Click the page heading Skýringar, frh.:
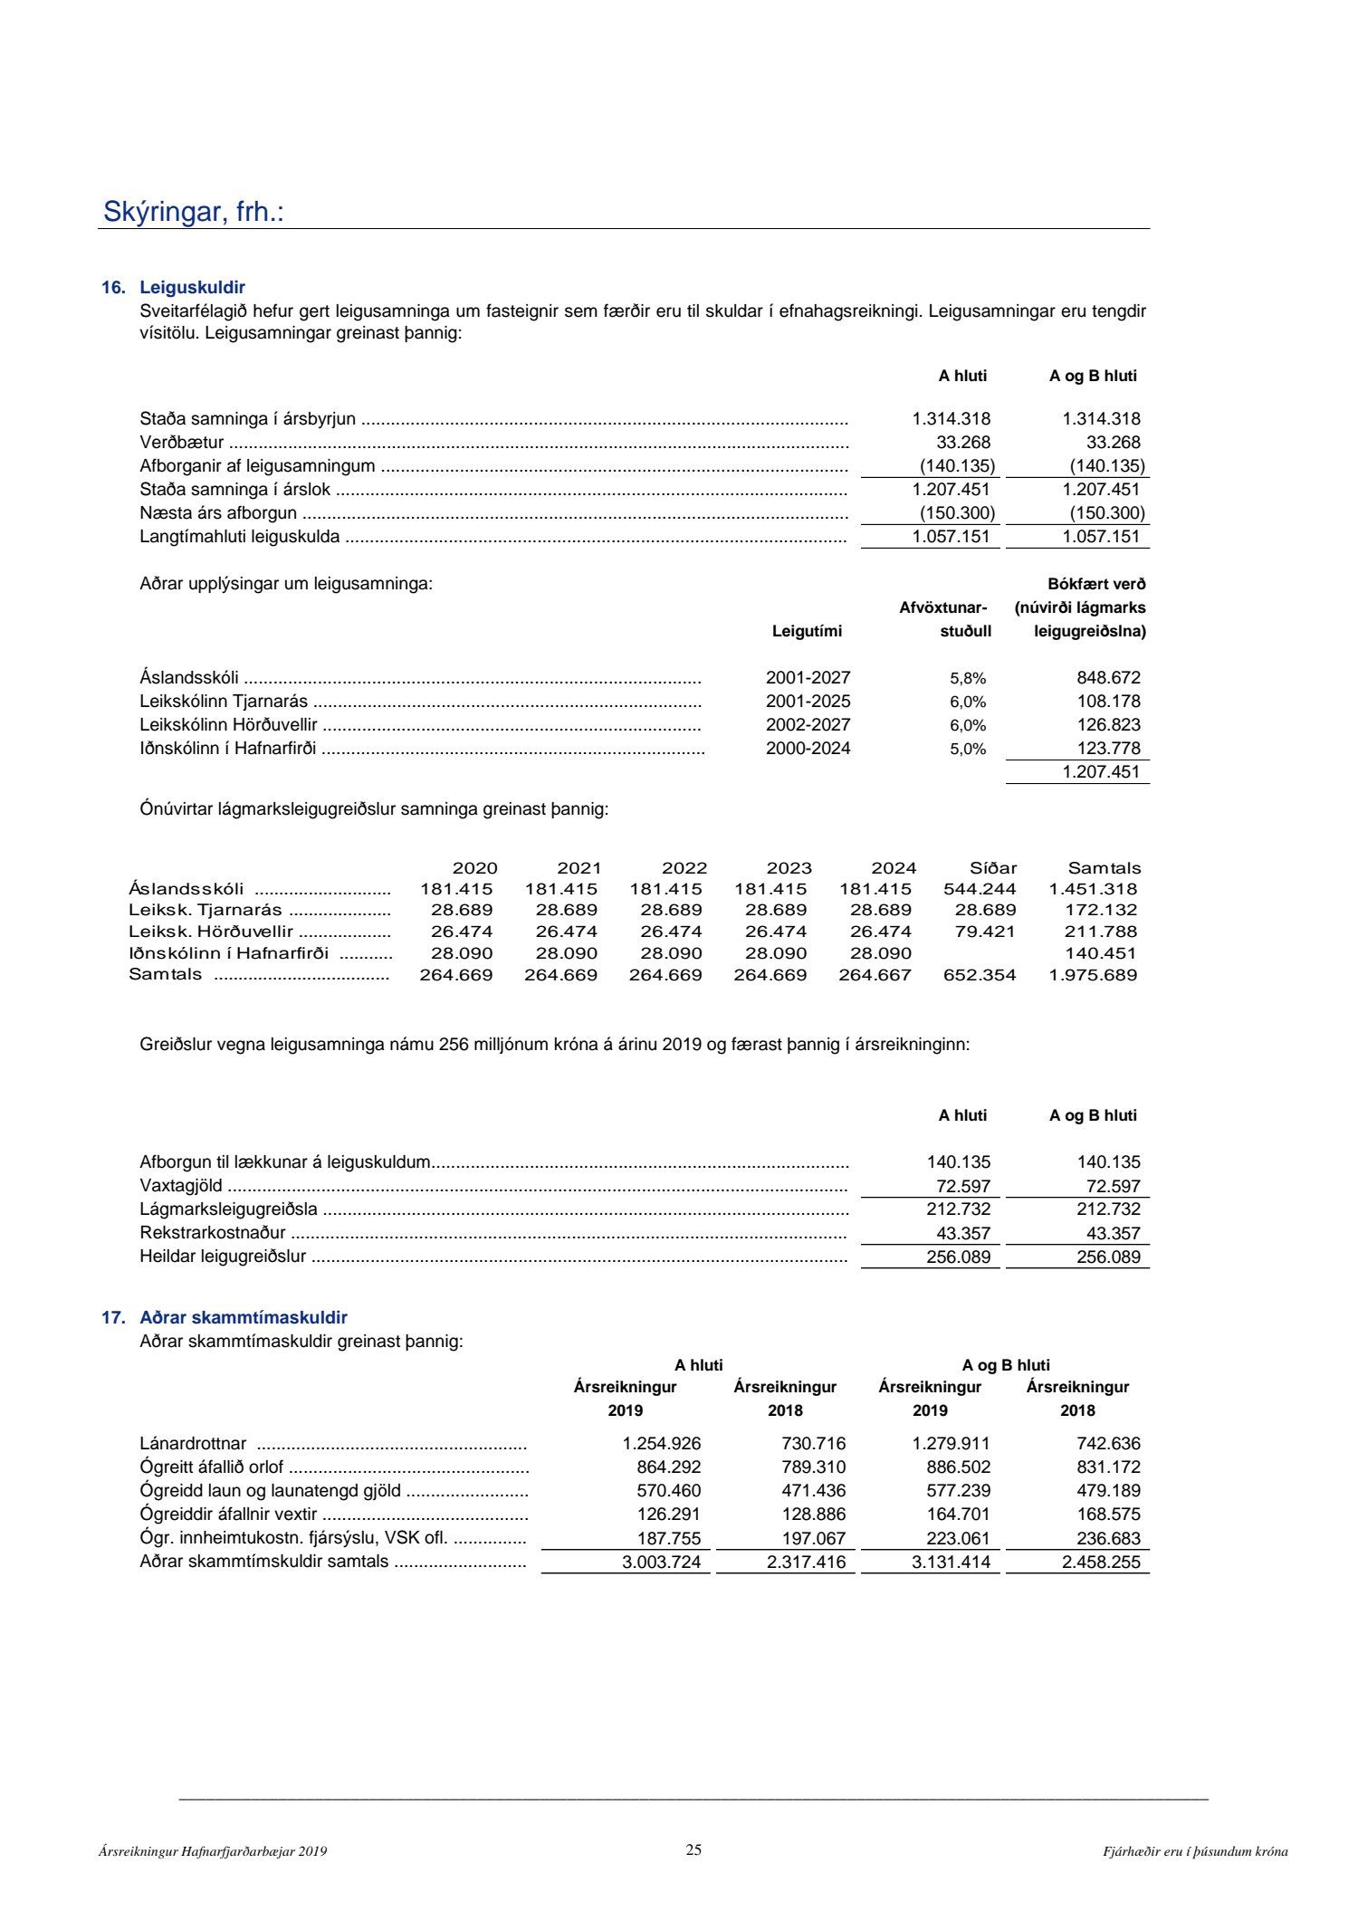(194, 212)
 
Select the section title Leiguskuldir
(192, 288)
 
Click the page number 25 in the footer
(693, 1849)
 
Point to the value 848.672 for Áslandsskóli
(1108, 678)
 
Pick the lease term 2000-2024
(808, 749)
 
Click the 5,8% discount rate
(967, 678)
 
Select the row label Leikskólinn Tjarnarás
(224, 702)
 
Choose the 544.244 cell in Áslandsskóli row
(980, 889)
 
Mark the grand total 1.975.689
(1093, 975)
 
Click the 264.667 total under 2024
(875, 975)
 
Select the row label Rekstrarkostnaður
(213, 1233)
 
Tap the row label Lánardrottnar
(193, 1444)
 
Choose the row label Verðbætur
(182, 443)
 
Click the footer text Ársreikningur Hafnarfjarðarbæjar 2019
(213, 1852)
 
